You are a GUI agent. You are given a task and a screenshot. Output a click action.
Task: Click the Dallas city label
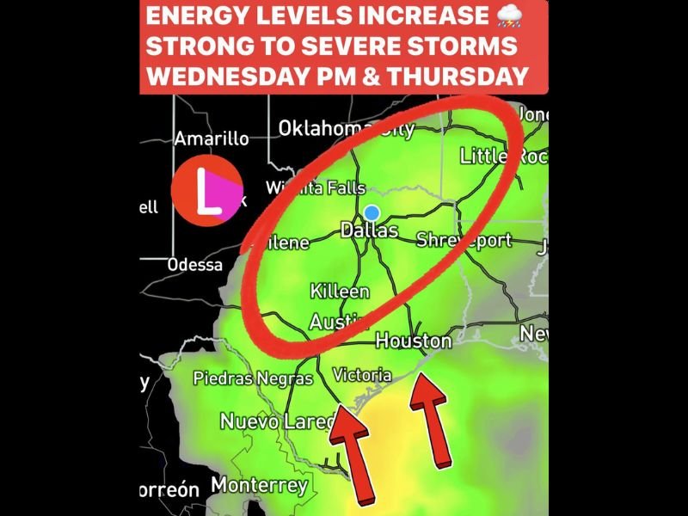(x=370, y=230)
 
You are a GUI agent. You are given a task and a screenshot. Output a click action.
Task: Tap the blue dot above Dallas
(x=372, y=212)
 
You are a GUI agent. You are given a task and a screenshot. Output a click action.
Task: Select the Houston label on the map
(x=414, y=341)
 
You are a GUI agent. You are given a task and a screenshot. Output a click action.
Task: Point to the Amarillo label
(x=212, y=138)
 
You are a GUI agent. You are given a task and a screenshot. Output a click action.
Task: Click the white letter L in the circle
(x=206, y=191)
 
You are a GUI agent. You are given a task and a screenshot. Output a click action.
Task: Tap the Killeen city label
(x=340, y=292)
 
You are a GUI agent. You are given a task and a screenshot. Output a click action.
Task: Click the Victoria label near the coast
(x=361, y=375)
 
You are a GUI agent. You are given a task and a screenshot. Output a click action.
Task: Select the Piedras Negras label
(x=253, y=378)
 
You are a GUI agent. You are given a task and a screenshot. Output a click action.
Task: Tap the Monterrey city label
(x=259, y=485)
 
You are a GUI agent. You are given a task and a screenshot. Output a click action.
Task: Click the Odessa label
(x=195, y=265)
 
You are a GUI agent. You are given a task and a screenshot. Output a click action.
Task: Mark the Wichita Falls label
(x=316, y=187)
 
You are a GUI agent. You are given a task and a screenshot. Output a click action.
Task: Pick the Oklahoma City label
(x=346, y=129)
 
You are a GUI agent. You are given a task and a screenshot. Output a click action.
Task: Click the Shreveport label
(x=464, y=241)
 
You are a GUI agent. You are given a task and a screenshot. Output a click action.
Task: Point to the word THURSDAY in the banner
(x=458, y=77)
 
